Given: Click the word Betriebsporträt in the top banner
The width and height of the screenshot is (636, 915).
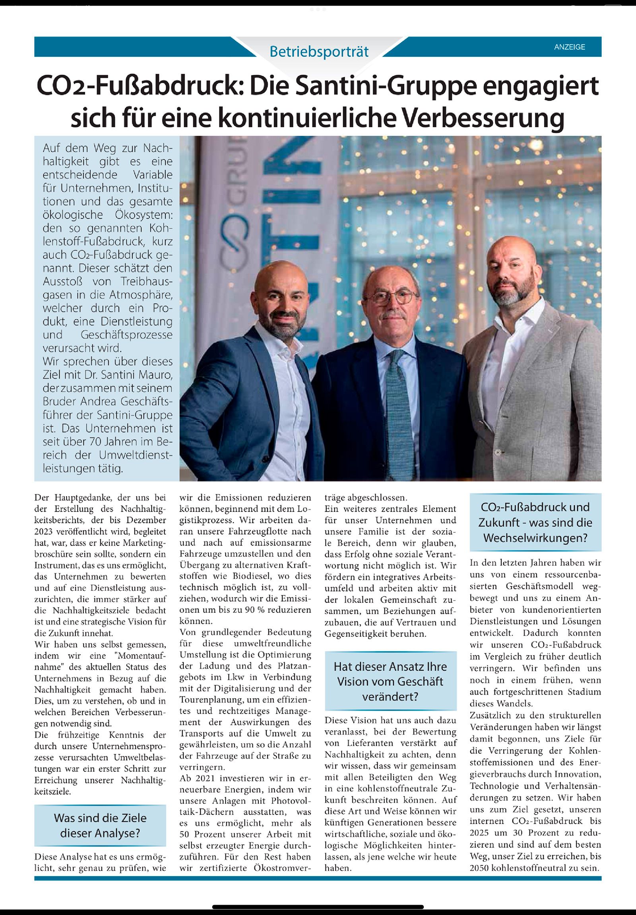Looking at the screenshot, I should tap(319, 51).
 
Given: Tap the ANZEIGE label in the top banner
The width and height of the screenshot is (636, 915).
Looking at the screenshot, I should tap(570, 47).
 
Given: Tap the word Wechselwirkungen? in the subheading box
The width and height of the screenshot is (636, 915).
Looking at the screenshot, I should tap(535, 538).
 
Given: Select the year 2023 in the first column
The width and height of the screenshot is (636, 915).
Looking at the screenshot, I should tap(44, 531).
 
